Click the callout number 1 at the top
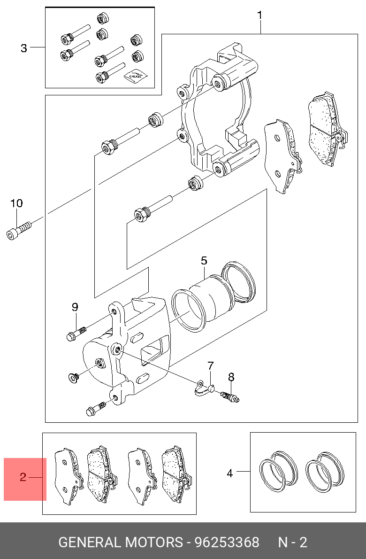260,16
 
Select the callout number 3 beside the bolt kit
24,48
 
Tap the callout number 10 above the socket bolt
16,203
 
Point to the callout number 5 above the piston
204,260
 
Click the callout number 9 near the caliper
75,307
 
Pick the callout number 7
211,366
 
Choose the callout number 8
231,377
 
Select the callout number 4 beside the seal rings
230,474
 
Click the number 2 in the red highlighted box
23,477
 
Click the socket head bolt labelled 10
19,230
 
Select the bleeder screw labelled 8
230,396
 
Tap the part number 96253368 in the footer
227,542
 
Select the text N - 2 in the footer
292,542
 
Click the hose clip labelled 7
204,388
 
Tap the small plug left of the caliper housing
73,377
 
